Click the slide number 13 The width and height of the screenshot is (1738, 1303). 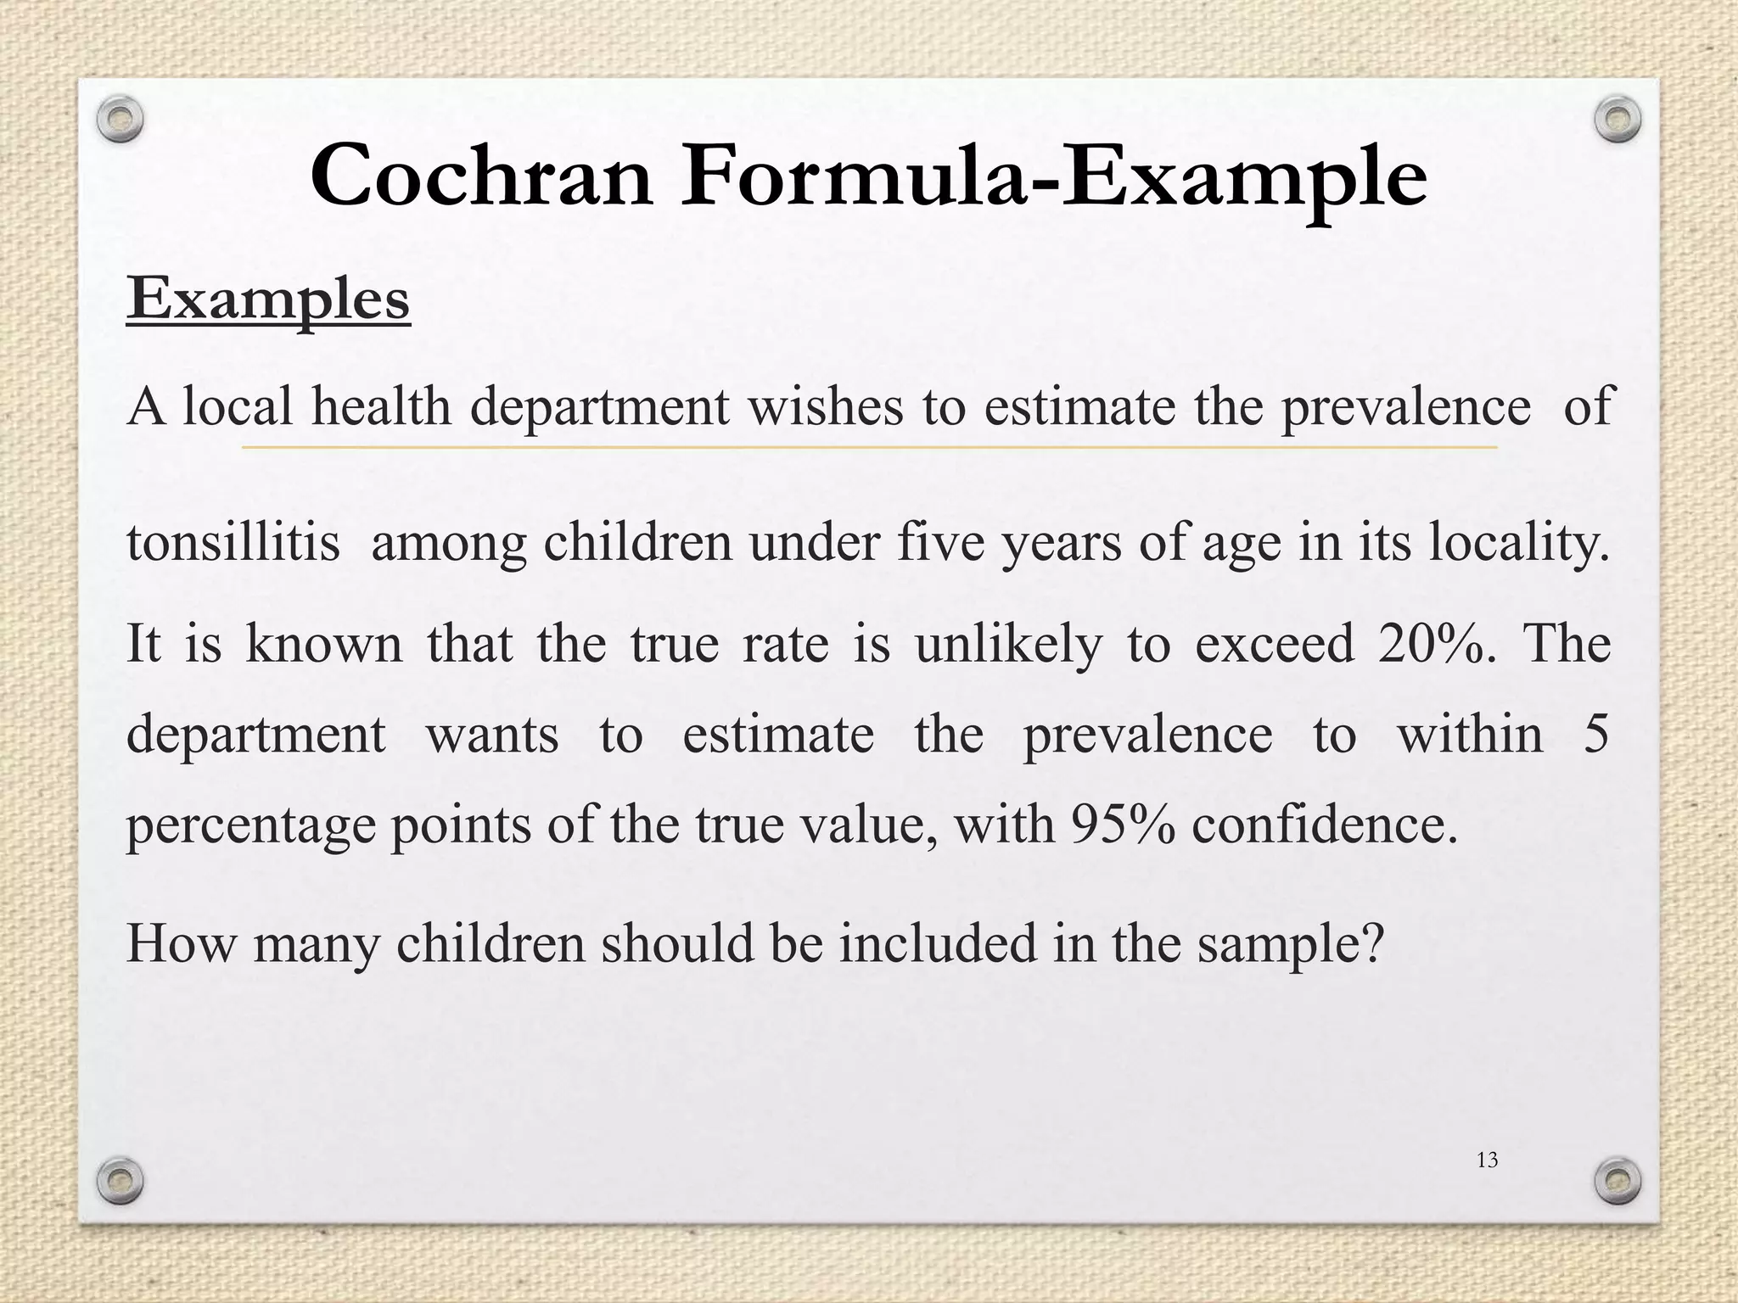point(1487,1160)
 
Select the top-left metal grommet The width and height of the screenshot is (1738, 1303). point(119,120)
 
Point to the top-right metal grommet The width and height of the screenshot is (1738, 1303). point(1617,120)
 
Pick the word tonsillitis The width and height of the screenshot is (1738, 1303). point(233,542)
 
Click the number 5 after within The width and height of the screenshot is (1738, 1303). point(1595,733)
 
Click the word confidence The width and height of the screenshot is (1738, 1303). point(1324,823)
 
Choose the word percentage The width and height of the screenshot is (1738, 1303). point(250,825)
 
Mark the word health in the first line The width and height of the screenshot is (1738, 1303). point(381,405)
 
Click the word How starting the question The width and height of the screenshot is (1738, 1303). point(180,942)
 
